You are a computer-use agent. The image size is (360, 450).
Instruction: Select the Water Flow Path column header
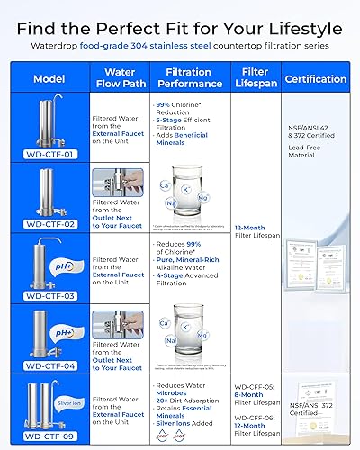click(120, 79)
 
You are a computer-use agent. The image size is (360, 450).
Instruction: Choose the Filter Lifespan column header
click(256, 79)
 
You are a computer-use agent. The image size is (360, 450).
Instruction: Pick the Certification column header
click(315, 79)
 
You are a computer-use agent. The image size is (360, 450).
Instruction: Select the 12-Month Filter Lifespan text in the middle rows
click(256, 234)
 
